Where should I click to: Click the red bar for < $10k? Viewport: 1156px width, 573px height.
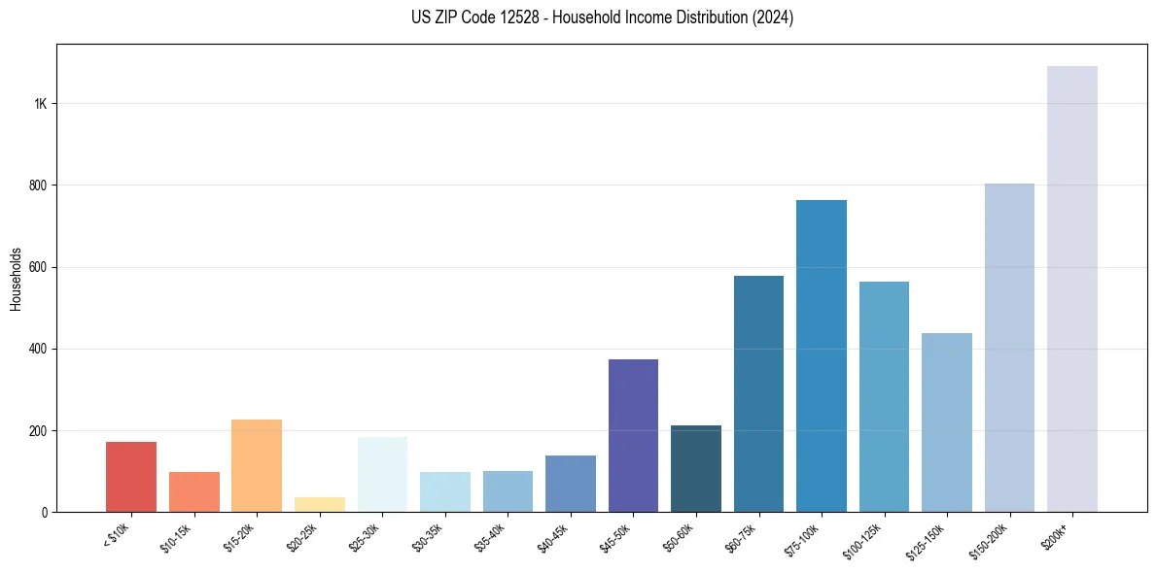[x=131, y=477]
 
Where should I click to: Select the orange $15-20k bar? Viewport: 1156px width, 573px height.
[x=257, y=465]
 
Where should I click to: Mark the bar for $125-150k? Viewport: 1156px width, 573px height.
[x=946, y=422]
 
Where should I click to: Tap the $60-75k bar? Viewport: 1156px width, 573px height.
[x=758, y=393]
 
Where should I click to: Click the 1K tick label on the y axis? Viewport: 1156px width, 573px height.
[x=40, y=104]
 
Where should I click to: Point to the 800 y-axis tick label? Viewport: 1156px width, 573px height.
[x=38, y=185]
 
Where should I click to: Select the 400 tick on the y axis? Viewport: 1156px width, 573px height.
[x=38, y=349]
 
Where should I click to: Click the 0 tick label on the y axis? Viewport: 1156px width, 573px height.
[x=45, y=512]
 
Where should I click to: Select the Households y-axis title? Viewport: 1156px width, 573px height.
[x=16, y=279]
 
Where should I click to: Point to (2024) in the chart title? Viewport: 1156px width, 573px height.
[x=773, y=17]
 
